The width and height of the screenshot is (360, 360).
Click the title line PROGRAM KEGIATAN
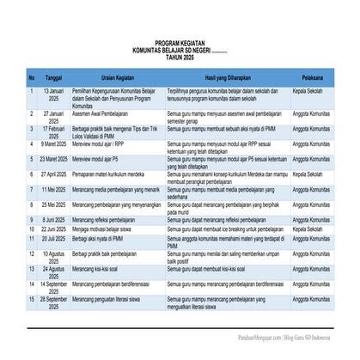tap(180, 42)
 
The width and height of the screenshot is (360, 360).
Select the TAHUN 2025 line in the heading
tap(180, 55)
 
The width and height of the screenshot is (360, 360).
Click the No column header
tap(32, 76)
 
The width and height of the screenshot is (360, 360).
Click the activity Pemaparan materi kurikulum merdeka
tap(111, 173)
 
